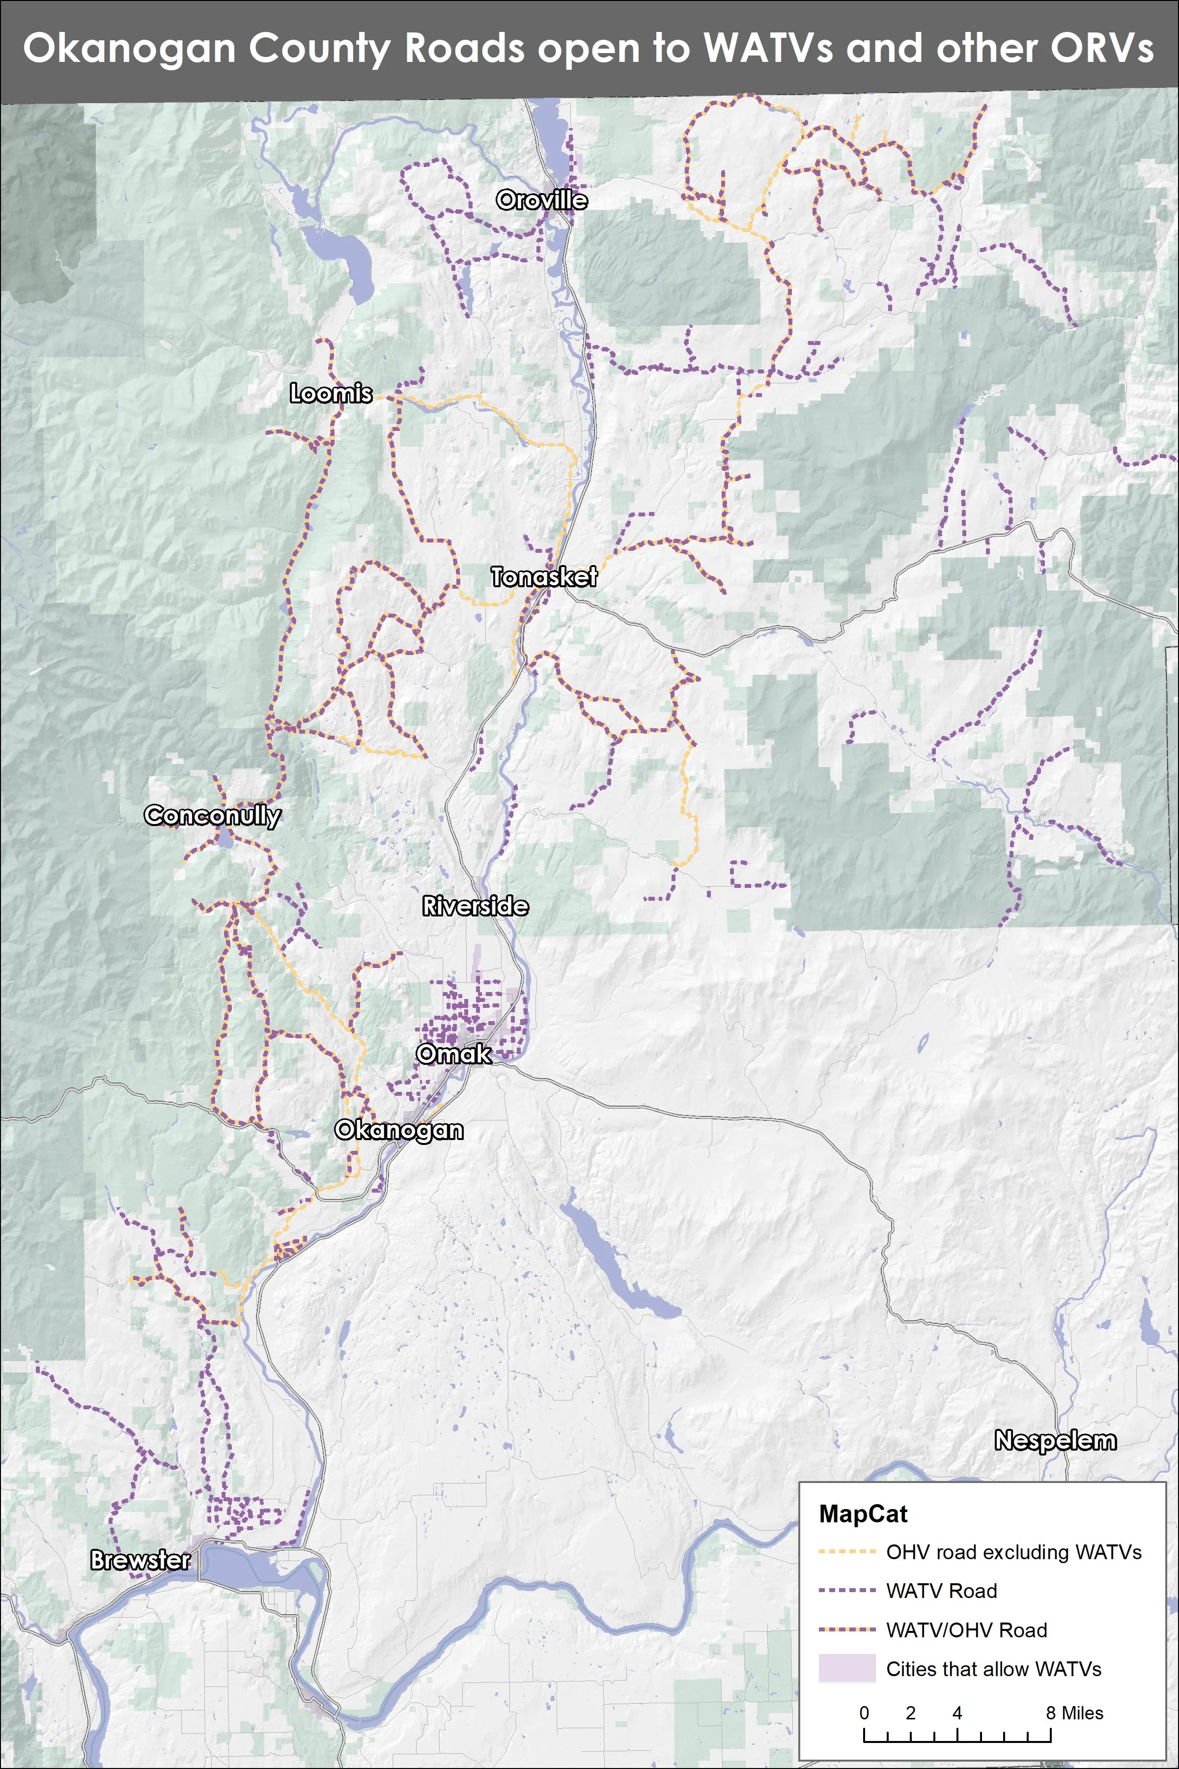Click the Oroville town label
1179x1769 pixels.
541,200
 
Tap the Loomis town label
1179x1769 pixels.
331,394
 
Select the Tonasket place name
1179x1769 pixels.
544,577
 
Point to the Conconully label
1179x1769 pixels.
213,815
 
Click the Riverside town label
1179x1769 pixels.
475,906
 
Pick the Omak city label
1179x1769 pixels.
454,1054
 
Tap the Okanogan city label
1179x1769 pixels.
398,1130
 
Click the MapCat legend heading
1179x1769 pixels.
863,1514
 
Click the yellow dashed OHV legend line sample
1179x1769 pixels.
846,1552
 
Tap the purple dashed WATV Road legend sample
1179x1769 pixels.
846,1591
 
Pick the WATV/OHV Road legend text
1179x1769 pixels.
966,1630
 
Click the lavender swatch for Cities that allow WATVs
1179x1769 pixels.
846,1668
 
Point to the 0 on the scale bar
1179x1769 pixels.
864,1712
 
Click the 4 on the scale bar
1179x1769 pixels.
956,1712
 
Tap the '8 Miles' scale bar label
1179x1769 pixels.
1074,1712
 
